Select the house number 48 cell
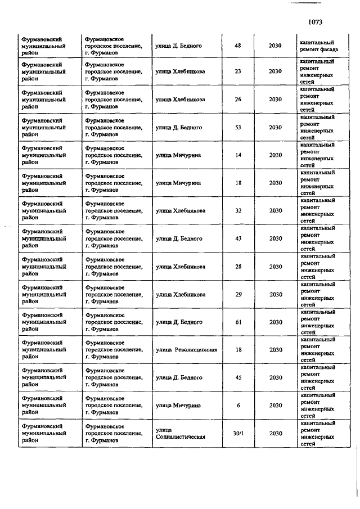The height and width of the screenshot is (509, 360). coord(237,46)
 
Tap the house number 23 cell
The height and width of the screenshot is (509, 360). coord(237,71)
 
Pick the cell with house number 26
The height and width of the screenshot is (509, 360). coord(237,100)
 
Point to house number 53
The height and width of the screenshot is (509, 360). coord(237,127)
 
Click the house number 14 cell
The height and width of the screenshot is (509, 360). coord(237,155)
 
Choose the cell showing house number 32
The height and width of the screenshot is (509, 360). coord(237,210)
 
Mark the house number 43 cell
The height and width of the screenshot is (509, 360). coord(237,238)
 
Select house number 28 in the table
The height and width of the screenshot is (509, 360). coord(237,266)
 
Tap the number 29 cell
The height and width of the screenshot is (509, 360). coord(237,294)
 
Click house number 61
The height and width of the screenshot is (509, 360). coord(237,322)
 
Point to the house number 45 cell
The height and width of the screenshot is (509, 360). coord(237,377)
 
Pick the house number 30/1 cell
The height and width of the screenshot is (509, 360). coord(237,433)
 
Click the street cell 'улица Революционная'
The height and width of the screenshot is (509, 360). coord(186,350)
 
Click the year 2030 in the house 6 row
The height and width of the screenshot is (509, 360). coord(275,405)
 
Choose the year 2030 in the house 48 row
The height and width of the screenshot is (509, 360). coord(275,46)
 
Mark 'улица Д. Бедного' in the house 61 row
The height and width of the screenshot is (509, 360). coord(179,322)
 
